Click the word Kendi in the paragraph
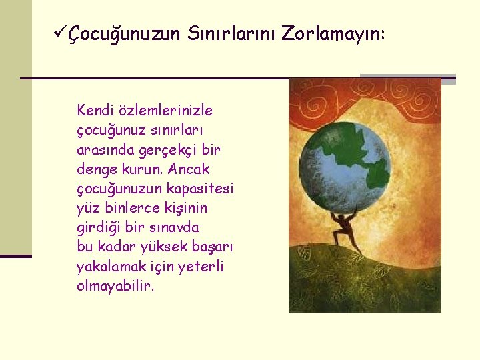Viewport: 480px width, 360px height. (x=95, y=109)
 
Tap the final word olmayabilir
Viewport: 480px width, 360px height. (x=115, y=286)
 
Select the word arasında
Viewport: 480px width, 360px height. (x=105, y=149)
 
